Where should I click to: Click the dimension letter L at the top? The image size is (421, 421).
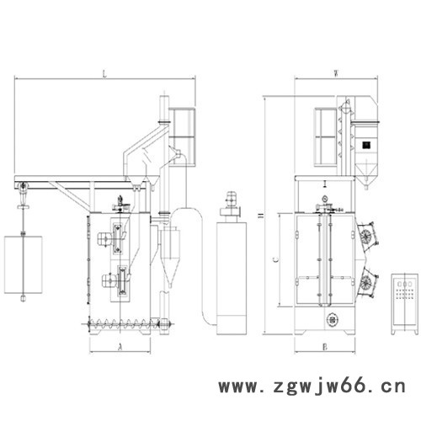click(x=104, y=74)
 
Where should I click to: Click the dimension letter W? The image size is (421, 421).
click(x=336, y=73)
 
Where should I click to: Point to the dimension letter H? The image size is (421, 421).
click(x=260, y=216)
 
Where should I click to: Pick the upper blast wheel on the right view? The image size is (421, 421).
click(x=369, y=235)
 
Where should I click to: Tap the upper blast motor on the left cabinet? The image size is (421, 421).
click(x=115, y=237)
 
